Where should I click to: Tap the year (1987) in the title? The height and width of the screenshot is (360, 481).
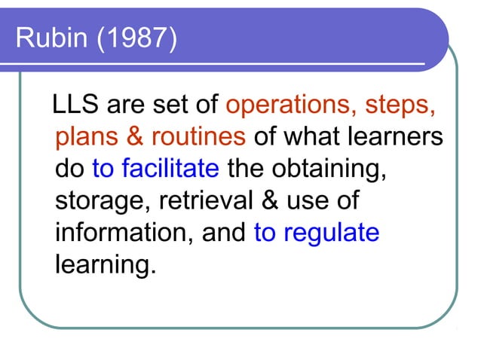tap(136, 38)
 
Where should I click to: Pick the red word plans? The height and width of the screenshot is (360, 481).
tap(85, 137)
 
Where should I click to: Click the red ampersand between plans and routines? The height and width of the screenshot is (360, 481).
tap(133, 137)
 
